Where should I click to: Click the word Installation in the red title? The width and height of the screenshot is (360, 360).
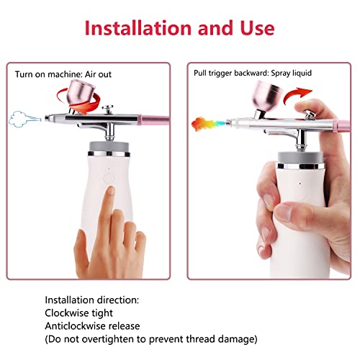pyautogui.click(x=138, y=28)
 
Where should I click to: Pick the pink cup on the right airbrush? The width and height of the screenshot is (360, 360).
pyautogui.click(x=267, y=96)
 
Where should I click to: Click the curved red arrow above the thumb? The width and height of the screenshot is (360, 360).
pyautogui.click(x=297, y=95)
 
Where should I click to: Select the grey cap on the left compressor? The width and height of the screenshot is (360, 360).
pyautogui.click(x=109, y=146)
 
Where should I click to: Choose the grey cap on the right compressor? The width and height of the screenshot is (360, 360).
pyautogui.click(x=301, y=157)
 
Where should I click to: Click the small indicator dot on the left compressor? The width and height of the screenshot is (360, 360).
pyautogui.click(x=109, y=168)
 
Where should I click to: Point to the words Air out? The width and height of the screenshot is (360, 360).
pyautogui.click(x=99, y=74)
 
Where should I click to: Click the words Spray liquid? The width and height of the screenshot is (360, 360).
pyautogui.click(x=292, y=73)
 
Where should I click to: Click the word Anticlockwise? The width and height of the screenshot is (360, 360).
pyautogui.click(x=75, y=326)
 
